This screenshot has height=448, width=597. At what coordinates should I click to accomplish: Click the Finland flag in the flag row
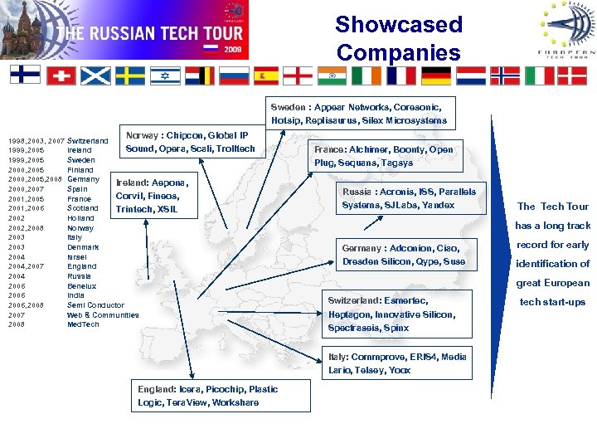(25, 75)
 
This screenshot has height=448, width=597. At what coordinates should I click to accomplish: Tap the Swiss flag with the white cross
(61, 75)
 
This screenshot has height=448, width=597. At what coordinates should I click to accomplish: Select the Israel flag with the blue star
(165, 75)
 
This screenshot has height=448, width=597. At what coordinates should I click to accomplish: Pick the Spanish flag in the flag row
(266, 75)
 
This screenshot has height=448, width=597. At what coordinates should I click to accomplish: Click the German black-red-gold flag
(436, 75)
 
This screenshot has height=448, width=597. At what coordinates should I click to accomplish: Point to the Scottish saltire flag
(95, 75)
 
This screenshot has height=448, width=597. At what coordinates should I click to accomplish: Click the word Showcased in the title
(398, 24)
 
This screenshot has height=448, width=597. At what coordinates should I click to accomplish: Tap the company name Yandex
(437, 205)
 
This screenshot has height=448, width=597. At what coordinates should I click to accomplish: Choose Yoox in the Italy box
(399, 370)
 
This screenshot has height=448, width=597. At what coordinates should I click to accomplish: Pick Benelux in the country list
(81, 285)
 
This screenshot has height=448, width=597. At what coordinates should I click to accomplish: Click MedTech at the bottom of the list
(83, 324)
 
